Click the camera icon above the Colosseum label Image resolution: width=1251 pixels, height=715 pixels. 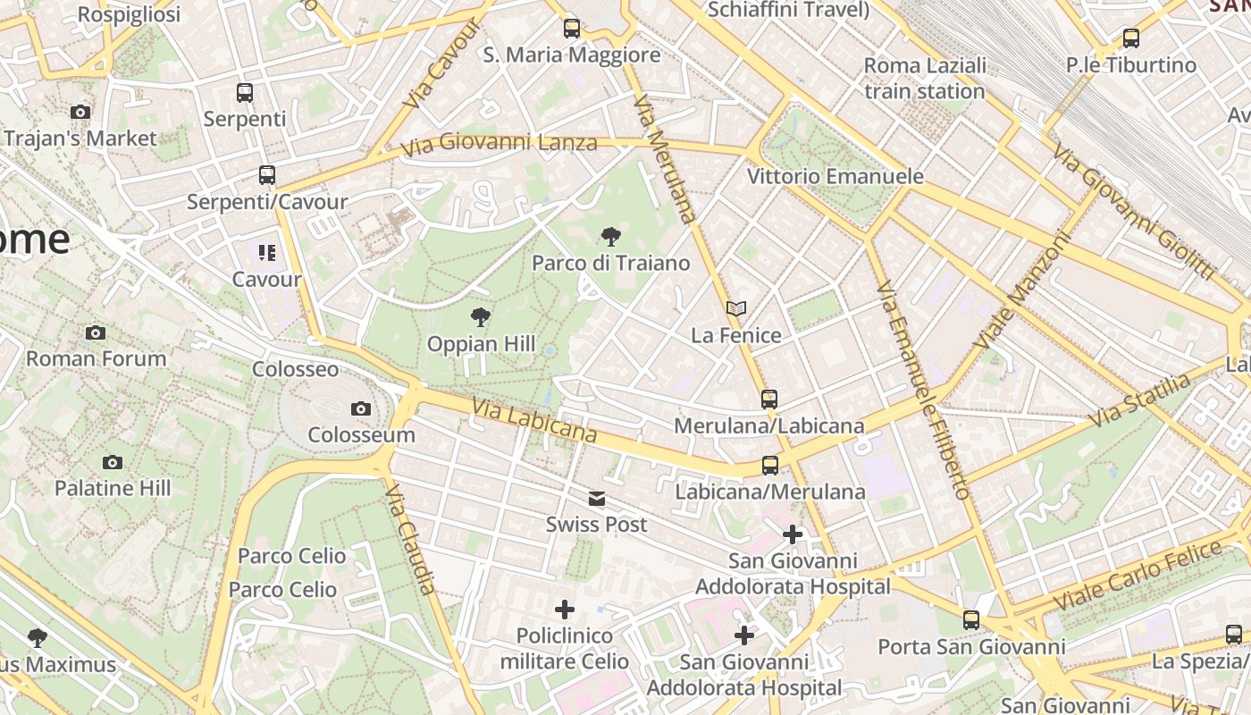[x=361, y=409]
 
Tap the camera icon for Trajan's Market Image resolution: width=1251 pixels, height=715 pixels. [x=80, y=113]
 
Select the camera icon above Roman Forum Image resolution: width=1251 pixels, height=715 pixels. [x=96, y=333]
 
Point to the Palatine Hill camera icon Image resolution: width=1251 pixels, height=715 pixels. [x=112, y=462]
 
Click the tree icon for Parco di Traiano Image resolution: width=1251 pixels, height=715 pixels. [x=611, y=237]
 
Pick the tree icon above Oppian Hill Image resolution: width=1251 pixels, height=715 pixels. [x=481, y=317]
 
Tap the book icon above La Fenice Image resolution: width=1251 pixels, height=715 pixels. [x=736, y=309]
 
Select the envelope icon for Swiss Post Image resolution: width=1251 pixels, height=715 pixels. [x=596, y=499]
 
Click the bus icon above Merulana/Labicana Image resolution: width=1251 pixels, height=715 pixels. [x=769, y=400]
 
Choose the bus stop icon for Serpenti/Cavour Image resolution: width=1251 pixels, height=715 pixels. [x=267, y=175]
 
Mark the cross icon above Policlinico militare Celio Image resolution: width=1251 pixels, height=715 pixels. [x=565, y=610]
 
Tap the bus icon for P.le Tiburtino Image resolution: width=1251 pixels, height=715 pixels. [x=1131, y=38]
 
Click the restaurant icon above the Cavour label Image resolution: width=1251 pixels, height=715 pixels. [x=266, y=253]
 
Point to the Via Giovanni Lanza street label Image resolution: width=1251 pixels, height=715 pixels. [x=499, y=144]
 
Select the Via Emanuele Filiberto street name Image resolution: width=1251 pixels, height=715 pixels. [x=923, y=390]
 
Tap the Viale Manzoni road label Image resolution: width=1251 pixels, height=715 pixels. [x=1023, y=291]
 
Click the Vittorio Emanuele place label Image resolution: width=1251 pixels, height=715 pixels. [x=835, y=176]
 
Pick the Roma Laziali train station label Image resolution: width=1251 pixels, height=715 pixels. [x=925, y=78]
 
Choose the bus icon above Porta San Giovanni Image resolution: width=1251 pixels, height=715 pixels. [x=971, y=620]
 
